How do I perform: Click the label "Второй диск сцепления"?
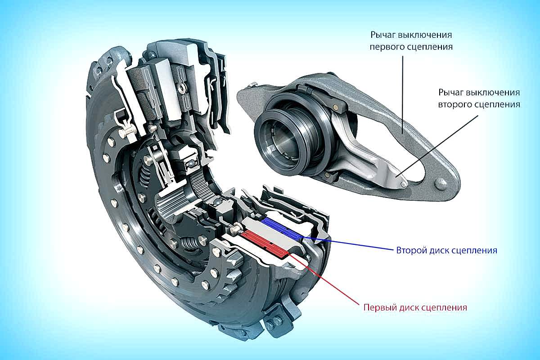[x=446, y=250]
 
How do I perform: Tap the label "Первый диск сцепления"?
[x=414, y=308]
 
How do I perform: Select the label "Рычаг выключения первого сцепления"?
[x=410, y=40]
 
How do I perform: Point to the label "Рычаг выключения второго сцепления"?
[x=479, y=98]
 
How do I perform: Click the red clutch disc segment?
[x=265, y=243]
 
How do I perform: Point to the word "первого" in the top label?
[x=389, y=46]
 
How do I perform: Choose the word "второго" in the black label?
[x=455, y=104]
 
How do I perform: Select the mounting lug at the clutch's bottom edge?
[x=273, y=322]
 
